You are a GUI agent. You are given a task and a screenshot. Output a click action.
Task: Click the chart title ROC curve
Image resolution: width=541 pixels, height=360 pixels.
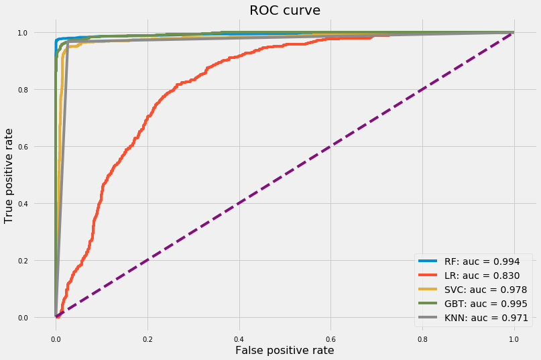(284, 10)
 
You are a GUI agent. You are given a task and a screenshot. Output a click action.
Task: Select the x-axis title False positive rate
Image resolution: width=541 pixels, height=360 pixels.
(284, 349)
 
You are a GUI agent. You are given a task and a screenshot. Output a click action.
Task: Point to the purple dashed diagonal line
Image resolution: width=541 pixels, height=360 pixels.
(285, 174)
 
